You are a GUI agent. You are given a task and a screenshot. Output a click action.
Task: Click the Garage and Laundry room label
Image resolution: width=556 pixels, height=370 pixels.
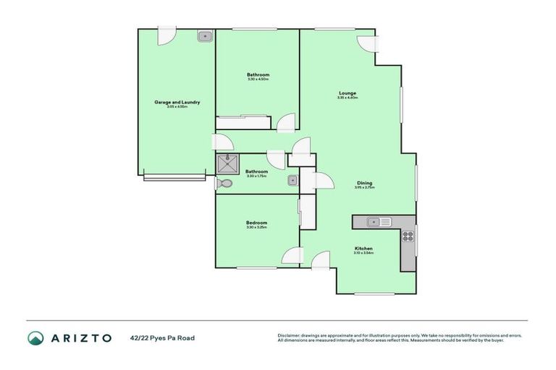[177, 103]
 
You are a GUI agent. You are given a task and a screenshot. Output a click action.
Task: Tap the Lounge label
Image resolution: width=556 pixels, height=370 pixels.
[347, 92]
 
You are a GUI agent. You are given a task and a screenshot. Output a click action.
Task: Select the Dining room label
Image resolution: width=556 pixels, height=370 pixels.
[364, 183]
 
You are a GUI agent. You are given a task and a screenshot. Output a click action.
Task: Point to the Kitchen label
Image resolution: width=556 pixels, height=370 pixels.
[364, 248]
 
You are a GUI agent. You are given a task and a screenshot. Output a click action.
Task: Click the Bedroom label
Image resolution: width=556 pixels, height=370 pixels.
[257, 223]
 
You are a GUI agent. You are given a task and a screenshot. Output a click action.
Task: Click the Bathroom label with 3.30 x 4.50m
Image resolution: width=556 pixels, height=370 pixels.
[258, 75]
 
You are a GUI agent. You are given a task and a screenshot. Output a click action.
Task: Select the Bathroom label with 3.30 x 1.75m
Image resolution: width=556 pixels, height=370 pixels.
[257, 171]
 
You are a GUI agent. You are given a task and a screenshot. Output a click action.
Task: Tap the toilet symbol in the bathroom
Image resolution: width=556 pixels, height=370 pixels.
[225, 184]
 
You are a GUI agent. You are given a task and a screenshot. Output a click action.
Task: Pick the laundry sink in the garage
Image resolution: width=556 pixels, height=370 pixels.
[205, 35]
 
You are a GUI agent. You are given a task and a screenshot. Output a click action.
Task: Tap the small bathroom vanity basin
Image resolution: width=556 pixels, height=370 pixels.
[292, 181]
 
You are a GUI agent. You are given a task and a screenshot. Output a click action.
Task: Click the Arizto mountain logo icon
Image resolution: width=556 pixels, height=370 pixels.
[35, 337]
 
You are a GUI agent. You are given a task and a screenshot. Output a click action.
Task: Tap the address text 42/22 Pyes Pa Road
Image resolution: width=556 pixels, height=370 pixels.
[162, 337]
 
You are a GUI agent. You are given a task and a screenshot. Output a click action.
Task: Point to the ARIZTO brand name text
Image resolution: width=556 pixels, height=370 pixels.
[80, 337]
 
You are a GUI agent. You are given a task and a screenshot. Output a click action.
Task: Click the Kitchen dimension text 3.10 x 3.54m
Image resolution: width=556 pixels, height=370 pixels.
[364, 253]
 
